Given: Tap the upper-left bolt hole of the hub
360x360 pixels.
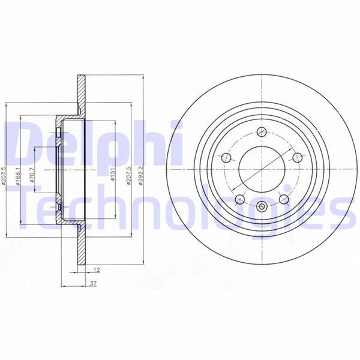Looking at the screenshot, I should coord(227,158).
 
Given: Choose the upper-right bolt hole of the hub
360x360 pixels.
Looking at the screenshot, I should coord(296,158).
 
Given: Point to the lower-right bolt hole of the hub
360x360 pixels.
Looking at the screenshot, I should coord(283,198).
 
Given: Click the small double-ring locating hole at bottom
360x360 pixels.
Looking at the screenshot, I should coord(262,208).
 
